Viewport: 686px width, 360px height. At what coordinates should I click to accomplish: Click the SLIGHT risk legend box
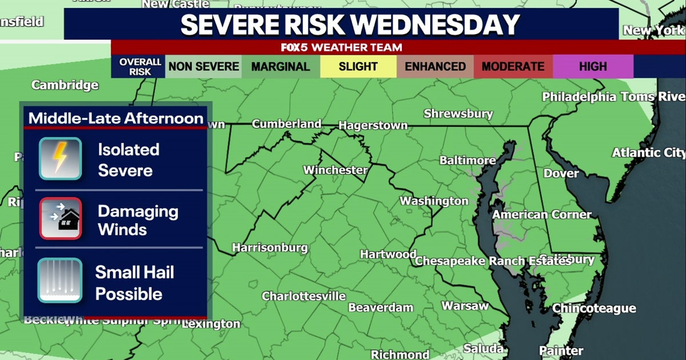tap(358, 66)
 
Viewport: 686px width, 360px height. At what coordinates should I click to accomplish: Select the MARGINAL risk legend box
tap(280, 66)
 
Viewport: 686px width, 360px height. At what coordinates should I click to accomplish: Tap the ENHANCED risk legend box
tap(435, 66)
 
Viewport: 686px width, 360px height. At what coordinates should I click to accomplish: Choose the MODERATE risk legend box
tap(513, 66)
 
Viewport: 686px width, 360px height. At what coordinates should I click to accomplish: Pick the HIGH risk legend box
tap(593, 66)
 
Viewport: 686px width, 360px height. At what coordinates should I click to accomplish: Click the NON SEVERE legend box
tap(204, 66)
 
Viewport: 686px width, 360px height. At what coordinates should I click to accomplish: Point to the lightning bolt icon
tap(60, 158)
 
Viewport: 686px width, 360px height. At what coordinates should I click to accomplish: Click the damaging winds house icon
tap(60, 218)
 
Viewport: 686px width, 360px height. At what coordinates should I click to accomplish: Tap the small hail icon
tap(60, 280)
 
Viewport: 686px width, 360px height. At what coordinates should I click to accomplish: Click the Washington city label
tap(434, 201)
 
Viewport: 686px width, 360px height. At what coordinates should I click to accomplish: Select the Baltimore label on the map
tap(468, 161)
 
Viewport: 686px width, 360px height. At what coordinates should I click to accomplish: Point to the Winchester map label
tap(335, 170)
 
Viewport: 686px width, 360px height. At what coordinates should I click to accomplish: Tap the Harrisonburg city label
tap(270, 248)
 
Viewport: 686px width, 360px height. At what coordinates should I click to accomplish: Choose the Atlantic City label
tap(648, 153)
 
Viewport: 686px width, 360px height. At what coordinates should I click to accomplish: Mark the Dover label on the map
tap(561, 173)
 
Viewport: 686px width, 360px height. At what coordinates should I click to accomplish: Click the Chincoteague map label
tap(594, 309)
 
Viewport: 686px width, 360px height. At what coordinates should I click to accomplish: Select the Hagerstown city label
tap(373, 125)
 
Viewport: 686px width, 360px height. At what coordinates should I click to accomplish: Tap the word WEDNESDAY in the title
tap(434, 24)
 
